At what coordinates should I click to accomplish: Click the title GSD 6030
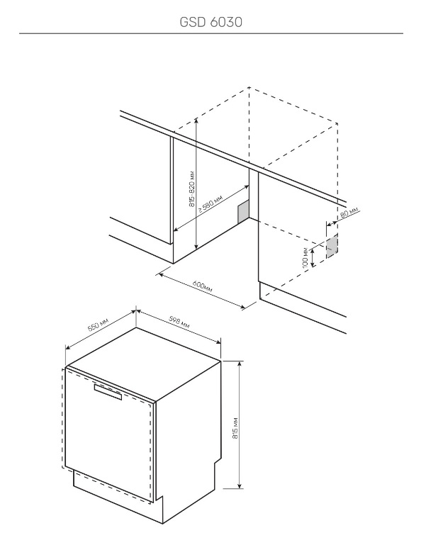(x=211, y=22)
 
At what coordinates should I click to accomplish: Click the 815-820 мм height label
(x=192, y=190)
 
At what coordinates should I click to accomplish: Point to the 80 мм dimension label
(x=349, y=212)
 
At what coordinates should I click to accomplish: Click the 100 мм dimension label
(x=305, y=257)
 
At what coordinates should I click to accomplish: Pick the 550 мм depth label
(x=98, y=324)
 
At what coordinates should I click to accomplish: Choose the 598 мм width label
(x=179, y=322)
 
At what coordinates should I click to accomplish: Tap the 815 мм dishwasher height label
(x=235, y=428)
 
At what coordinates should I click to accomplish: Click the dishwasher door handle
(x=108, y=392)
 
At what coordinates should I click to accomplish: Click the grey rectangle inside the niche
(x=243, y=211)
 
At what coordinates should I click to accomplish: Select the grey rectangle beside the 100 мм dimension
(x=332, y=247)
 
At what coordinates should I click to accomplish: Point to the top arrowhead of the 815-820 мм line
(x=196, y=120)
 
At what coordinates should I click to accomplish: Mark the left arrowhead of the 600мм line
(x=161, y=274)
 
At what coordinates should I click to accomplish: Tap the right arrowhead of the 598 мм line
(x=218, y=342)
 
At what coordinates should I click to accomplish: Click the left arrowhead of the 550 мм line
(x=68, y=347)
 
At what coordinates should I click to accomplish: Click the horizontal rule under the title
(x=211, y=33)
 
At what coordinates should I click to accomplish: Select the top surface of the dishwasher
(x=144, y=362)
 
